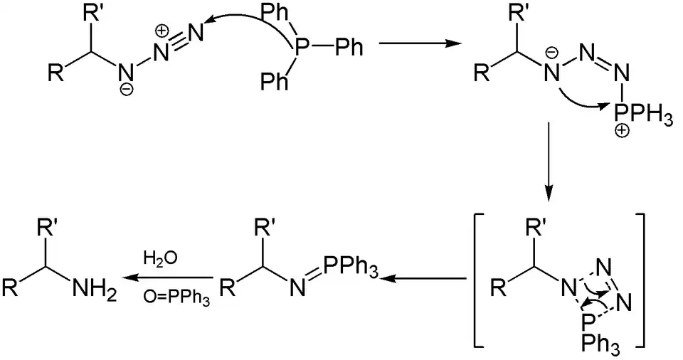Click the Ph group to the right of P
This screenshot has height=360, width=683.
point(349,48)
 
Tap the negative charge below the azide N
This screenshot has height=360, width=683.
point(126,90)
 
